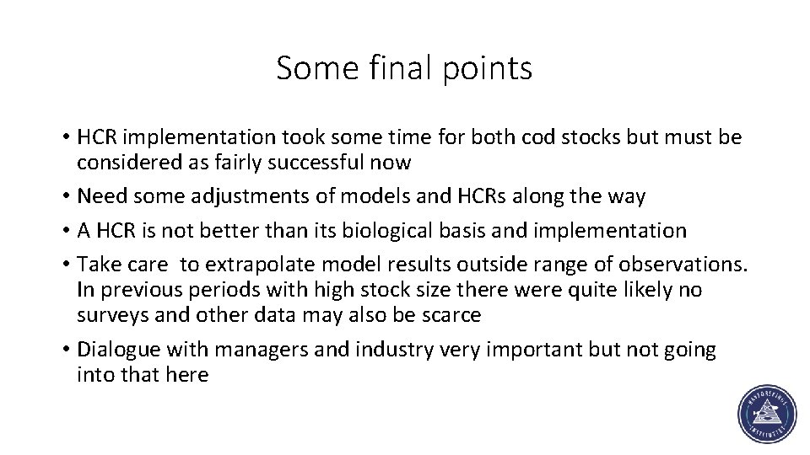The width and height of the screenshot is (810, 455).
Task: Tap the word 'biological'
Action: (395, 230)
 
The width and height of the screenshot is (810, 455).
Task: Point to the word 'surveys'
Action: (107, 315)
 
